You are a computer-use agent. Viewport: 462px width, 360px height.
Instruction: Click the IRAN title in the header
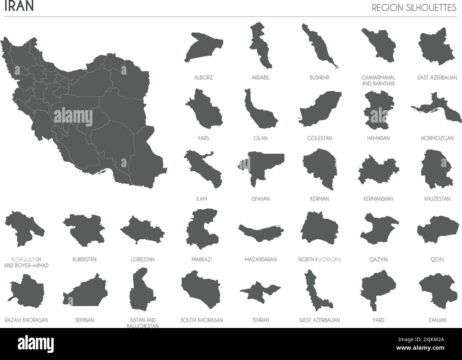pos(19,7)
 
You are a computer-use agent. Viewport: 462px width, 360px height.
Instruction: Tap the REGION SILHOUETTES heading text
pos(414,8)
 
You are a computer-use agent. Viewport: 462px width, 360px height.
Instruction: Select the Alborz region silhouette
pos(203,47)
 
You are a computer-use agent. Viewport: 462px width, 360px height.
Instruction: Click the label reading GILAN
pos(261,138)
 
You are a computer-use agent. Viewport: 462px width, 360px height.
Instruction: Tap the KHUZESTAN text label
pos(437,199)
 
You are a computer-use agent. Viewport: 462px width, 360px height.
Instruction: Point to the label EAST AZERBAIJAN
pos(437,77)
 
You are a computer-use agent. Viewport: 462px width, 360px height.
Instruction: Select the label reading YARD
pos(378,320)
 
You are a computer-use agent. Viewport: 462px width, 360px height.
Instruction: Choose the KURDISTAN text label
pos(84,260)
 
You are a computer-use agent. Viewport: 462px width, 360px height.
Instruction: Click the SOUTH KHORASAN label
pos(202,320)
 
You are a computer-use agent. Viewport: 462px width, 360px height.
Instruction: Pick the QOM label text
pos(437,260)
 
